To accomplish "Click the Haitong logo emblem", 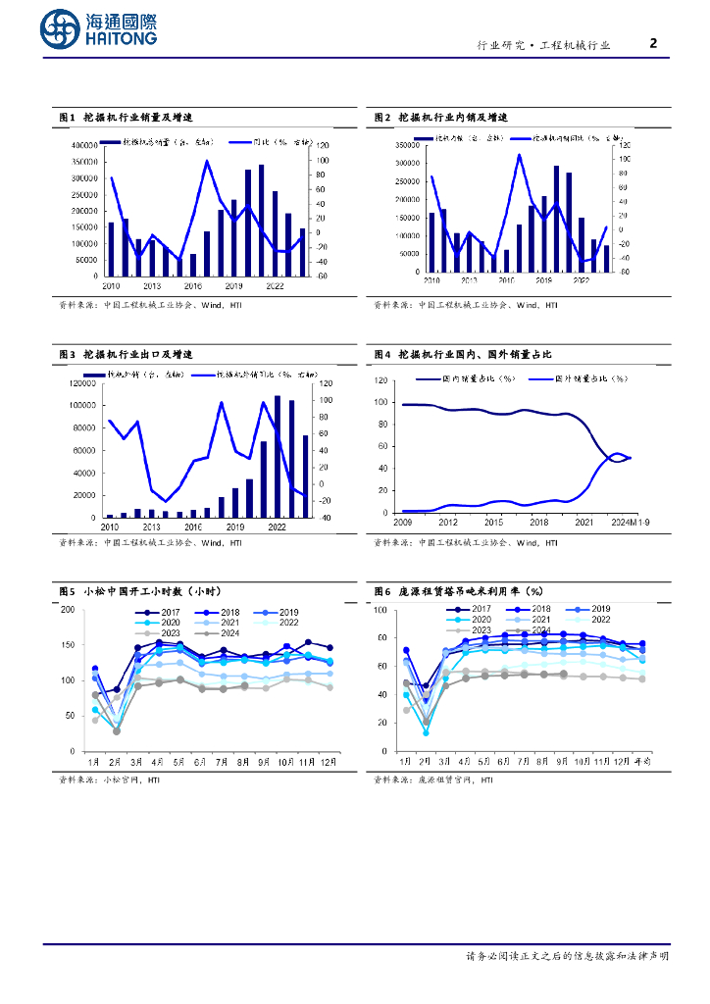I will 61,30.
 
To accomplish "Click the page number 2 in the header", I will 654,43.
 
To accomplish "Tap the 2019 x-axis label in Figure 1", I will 233,285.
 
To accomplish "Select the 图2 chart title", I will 440,117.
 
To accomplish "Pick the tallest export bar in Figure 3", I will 278,456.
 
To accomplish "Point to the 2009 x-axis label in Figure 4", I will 402,522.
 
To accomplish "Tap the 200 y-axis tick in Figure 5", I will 68,610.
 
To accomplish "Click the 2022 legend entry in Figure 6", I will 589,620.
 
